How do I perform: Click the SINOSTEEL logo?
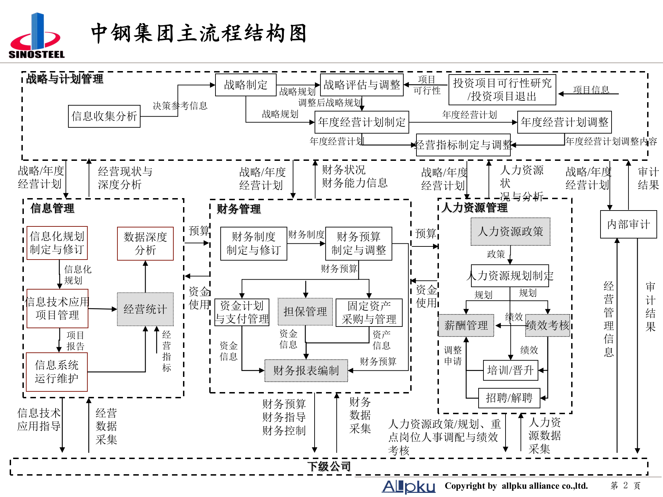[37, 36]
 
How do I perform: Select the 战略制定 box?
[246, 85]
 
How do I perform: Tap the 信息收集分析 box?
[104, 116]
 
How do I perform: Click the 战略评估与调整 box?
[362, 85]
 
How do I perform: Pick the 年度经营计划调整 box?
[564, 122]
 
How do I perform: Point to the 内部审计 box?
[628, 224]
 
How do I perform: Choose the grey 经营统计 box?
[145, 309]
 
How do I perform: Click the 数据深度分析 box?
[145, 243]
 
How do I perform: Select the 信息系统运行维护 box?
[57, 372]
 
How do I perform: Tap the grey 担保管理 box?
[305, 312]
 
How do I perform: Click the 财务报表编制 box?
[306, 371]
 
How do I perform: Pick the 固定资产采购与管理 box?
[369, 312]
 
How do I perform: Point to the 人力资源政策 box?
[510, 232]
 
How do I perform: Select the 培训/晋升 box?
[510, 370]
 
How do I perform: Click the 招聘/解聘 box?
[509, 398]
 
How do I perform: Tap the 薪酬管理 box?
[466, 325]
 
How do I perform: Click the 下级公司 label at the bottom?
[329, 467]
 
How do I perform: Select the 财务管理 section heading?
[239, 209]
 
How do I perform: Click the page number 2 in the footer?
[625, 486]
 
